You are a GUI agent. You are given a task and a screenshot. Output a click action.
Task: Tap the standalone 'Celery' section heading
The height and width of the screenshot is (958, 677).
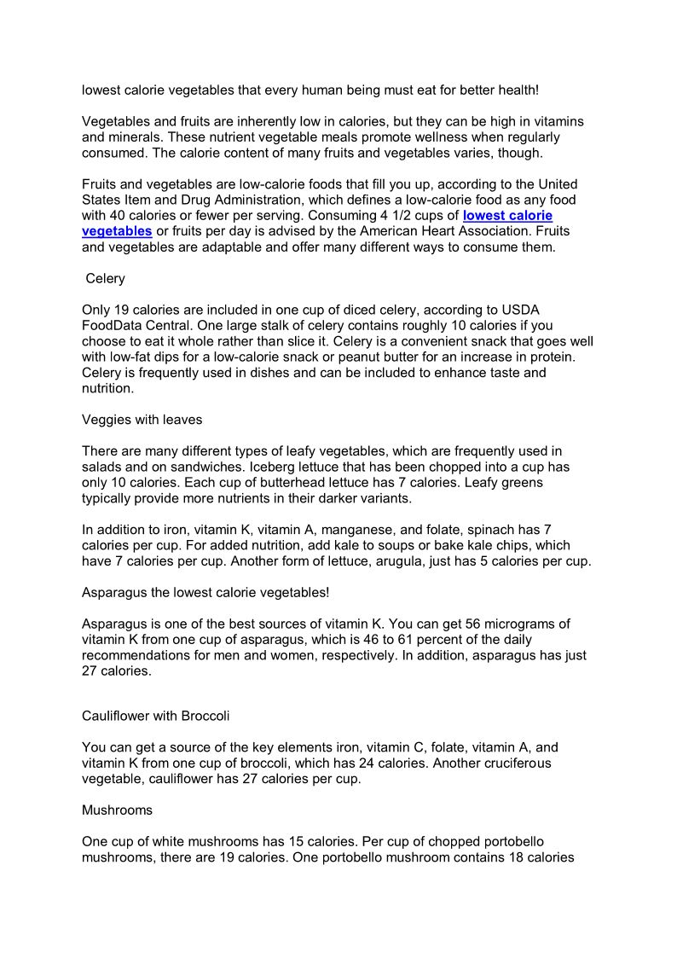click(x=106, y=279)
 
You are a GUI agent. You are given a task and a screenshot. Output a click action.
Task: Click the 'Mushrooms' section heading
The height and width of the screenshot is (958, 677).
click(x=117, y=809)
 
